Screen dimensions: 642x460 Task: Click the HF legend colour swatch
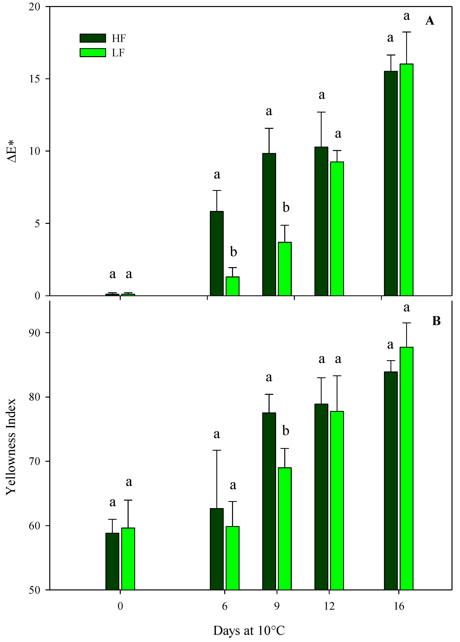tap(93, 38)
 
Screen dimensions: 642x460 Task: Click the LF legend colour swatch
tap(93, 53)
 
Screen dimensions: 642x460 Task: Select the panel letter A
tap(429, 21)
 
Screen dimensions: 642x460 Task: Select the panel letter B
tap(436, 321)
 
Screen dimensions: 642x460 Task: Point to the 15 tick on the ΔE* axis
tap(35, 79)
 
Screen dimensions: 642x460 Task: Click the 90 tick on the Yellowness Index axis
tap(35, 333)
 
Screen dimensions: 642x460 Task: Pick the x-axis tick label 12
tap(329, 606)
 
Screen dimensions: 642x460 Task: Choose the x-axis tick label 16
tap(399, 606)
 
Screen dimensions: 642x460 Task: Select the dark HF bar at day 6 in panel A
tap(217, 253)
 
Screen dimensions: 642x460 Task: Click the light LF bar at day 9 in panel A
tap(285, 269)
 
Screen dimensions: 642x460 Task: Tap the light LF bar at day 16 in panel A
tap(406, 180)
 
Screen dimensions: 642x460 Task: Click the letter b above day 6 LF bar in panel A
tap(233, 252)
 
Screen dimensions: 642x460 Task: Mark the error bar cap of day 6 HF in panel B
tap(217, 450)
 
